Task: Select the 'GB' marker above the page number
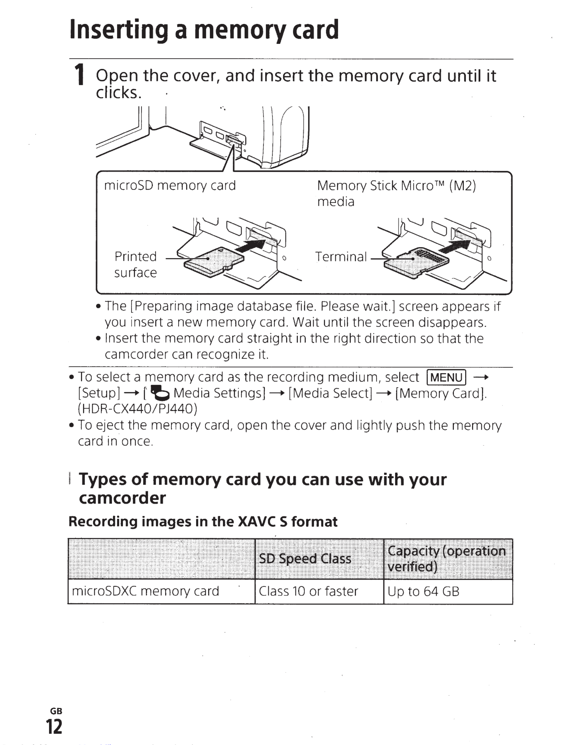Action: pos(56,711)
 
